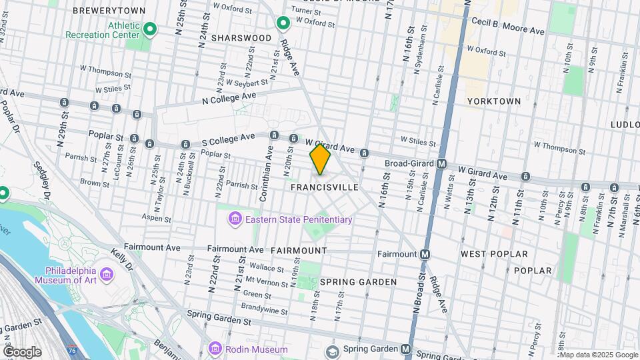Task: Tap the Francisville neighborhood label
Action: click(325, 188)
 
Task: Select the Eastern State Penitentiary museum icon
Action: click(234, 219)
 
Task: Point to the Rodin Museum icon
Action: click(215, 349)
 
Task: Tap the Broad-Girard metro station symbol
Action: click(441, 164)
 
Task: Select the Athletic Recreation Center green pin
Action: click(151, 29)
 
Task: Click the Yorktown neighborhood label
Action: click(493, 101)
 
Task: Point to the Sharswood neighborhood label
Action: click(241, 38)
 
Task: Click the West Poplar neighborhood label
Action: click(494, 254)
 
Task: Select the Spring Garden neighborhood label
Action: click(358, 282)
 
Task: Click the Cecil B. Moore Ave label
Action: click(508, 31)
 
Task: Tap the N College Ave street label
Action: click(230, 98)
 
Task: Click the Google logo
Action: click(22, 351)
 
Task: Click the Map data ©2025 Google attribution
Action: click(598, 355)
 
